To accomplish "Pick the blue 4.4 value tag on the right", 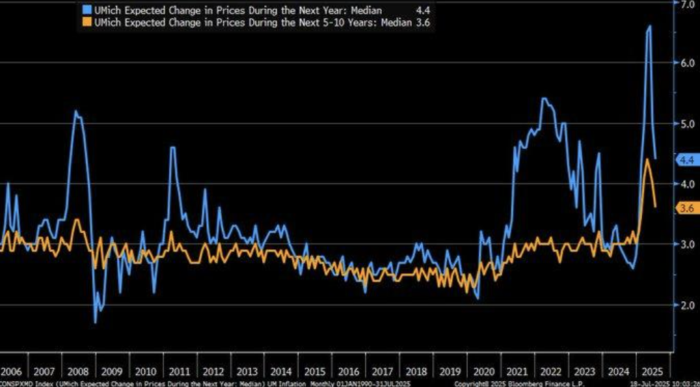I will click(x=686, y=159).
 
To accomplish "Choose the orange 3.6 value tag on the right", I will click(x=686, y=207).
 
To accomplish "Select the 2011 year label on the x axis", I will click(x=178, y=372).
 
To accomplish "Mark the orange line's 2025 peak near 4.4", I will click(x=647, y=159).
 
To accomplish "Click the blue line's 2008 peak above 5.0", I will click(x=75, y=111).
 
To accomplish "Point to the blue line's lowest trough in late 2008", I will click(x=95, y=322).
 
